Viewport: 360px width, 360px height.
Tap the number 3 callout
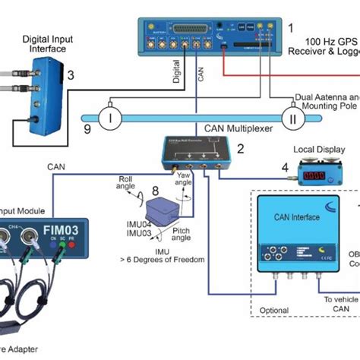coord(70,74)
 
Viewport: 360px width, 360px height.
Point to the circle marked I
coord(109,117)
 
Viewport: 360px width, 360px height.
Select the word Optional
coord(273,311)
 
